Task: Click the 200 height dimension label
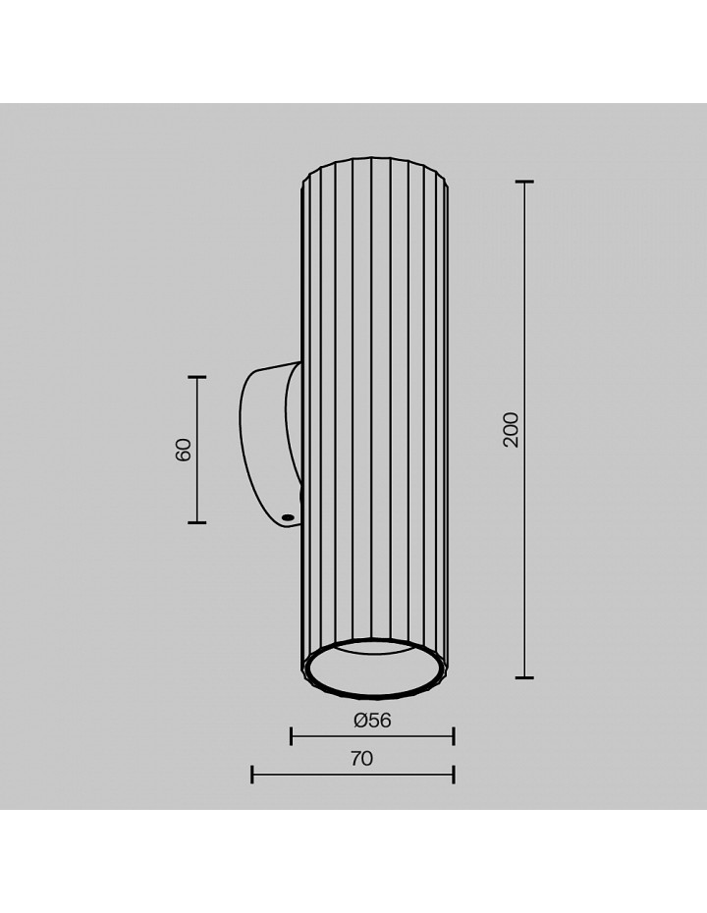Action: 511,430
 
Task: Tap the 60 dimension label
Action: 183,450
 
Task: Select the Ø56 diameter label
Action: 372,721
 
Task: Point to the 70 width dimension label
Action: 361,758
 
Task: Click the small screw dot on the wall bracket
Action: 287,515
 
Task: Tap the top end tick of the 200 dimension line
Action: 524,183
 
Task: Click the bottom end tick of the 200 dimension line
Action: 524,677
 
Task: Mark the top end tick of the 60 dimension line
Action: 197,377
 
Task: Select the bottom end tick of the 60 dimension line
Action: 197,522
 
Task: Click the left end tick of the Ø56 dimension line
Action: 292,736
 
